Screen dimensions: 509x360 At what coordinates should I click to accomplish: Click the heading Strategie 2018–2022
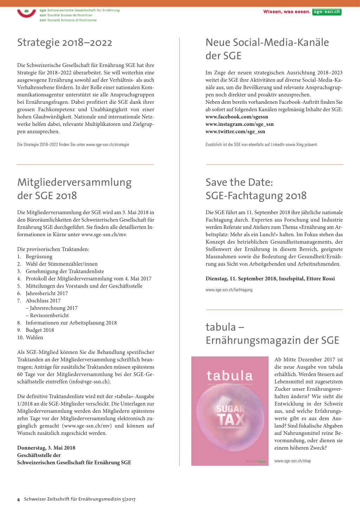(65, 43)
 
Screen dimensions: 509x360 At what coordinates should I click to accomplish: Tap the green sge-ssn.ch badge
(327, 12)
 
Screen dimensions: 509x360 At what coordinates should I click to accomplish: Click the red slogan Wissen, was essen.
(287, 12)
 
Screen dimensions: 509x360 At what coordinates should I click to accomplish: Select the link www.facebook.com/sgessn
(237, 117)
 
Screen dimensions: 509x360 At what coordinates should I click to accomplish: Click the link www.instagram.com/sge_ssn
(239, 124)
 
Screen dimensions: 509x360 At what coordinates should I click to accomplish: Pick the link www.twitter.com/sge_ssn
(235, 131)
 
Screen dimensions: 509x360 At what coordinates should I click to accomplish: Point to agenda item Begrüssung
(39, 257)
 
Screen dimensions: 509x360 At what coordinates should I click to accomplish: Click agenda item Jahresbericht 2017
(46, 293)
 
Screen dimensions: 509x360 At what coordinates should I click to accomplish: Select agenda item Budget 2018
(40, 330)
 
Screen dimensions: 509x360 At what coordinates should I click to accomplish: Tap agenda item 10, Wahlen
(34, 337)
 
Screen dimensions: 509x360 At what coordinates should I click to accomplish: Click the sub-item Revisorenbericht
(49, 315)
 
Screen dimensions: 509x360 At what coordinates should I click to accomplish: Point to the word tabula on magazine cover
(230, 375)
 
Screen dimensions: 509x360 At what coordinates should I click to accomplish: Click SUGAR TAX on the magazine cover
(231, 415)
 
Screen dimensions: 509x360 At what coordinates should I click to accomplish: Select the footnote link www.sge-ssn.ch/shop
(292, 461)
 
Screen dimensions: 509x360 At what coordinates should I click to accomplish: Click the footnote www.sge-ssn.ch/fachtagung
(229, 290)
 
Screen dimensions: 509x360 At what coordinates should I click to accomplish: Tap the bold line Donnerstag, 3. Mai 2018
(46, 448)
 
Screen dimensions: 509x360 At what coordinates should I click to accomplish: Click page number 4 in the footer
(19, 500)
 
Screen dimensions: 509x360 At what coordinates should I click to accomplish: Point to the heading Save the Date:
(239, 182)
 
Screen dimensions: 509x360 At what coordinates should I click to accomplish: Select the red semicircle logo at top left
(26, 13)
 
